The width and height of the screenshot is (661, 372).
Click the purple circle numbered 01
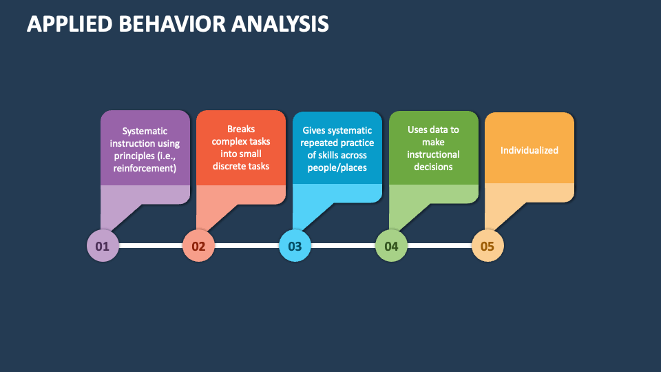(103, 245)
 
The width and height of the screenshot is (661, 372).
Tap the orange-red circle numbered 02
(198, 245)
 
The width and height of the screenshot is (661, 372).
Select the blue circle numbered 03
(295, 245)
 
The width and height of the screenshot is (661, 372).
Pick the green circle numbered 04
(391, 245)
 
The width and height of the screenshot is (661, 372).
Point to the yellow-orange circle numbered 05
(487, 245)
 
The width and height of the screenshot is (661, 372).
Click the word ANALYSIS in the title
(280, 24)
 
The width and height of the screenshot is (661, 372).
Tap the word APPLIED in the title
(70, 24)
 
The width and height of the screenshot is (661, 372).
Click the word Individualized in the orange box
(529, 150)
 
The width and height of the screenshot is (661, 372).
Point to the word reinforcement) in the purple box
(145, 168)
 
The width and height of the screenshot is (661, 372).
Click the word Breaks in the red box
(241, 129)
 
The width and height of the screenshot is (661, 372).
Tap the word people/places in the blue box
(337, 167)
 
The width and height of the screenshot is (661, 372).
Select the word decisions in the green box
(433, 167)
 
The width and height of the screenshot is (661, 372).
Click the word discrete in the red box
(229, 166)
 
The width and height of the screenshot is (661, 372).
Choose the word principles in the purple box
(134, 156)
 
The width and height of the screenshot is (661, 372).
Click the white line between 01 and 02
(151, 245)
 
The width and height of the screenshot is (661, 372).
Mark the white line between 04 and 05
(439, 245)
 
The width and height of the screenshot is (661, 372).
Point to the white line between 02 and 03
(247, 245)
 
